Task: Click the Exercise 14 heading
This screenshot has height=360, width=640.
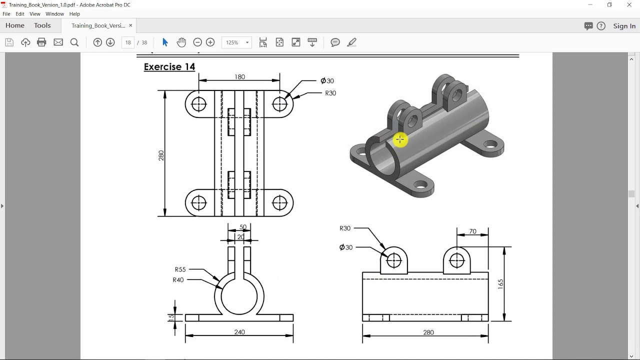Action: coord(169,67)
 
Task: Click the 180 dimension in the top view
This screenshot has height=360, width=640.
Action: coord(239,77)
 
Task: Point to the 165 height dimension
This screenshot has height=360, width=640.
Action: coord(500,284)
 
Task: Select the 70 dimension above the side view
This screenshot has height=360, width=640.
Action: coord(472,231)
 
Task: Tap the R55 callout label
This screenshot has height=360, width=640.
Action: coord(180,269)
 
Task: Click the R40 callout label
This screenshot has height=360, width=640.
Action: coord(178,280)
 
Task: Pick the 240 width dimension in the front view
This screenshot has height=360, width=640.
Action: coord(239,332)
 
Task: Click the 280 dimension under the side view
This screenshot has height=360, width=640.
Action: coord(428,332)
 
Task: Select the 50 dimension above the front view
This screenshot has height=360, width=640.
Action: coord(243,227)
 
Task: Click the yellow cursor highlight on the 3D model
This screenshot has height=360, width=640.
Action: coord(400,140)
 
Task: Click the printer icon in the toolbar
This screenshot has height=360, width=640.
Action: coord(42,42)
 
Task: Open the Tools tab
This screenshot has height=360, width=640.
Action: coord(42,25)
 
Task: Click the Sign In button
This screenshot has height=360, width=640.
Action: coord(624,26)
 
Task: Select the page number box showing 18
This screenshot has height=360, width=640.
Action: coord(128,42)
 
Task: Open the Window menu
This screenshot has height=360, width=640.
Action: coord(54,14)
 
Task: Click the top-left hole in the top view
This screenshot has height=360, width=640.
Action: coord(199,104)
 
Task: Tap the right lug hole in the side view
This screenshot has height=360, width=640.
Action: coord(457,260)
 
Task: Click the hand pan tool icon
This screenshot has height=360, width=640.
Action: coord(181,42)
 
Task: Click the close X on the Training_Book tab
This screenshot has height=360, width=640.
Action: coord(130,25)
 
